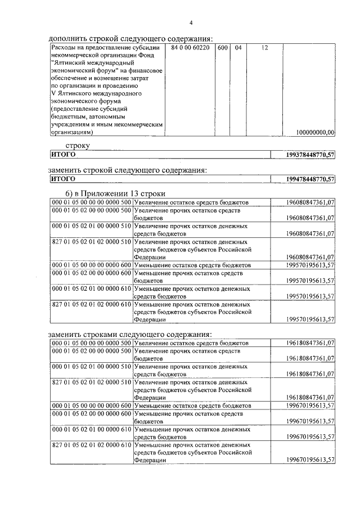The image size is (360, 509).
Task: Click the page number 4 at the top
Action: pos(191,22)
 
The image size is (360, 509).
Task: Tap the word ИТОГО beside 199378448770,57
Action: pos(63,155)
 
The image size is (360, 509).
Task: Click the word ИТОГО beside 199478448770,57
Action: pos(63,179)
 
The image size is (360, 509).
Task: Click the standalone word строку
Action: pos(77,145)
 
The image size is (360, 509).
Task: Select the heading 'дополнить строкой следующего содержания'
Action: pos(130,38)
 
